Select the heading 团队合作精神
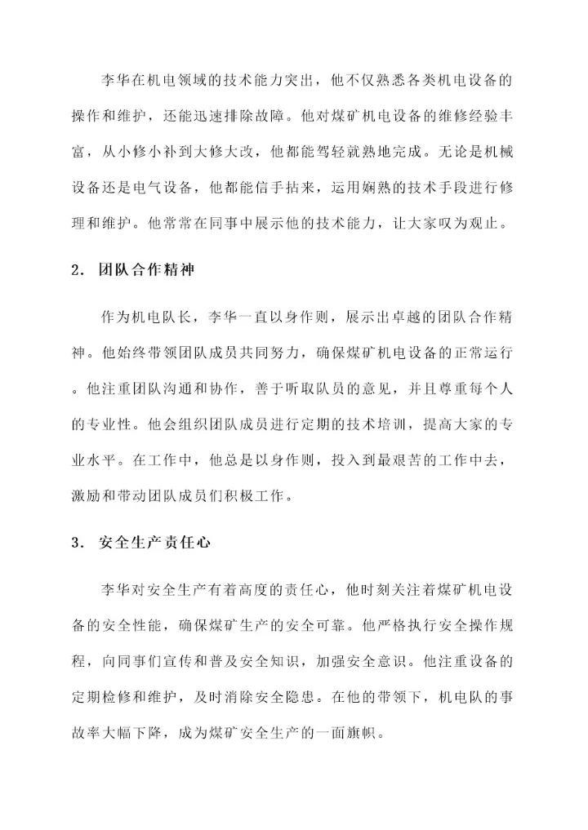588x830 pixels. point(146,270)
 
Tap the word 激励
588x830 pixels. point(86,495)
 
